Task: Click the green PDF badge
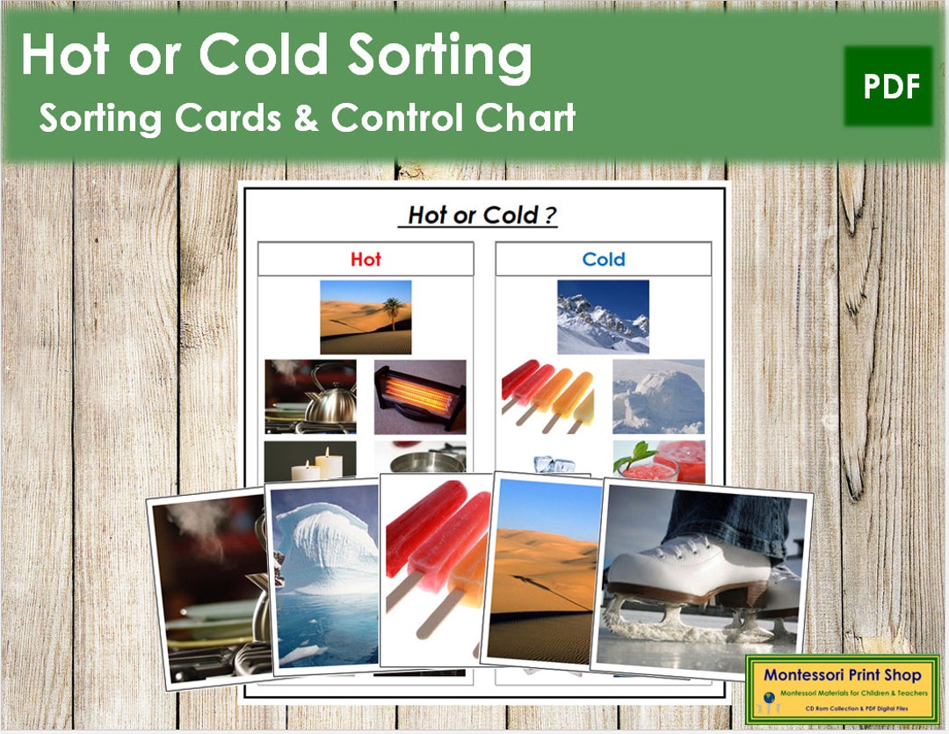(888, 86)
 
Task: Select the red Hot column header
(366, 259)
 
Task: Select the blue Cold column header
(604, 259)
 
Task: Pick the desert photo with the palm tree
(366, 316)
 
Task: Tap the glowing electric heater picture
(420, 396)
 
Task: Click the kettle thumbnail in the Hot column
(310, 396)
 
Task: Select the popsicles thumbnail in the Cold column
(547, 396)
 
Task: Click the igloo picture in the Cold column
(658, 396)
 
